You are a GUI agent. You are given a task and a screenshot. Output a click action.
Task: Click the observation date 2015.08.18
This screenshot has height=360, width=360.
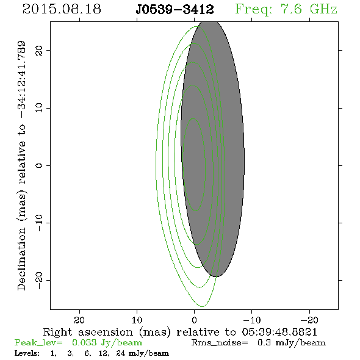click(x=62, y=9)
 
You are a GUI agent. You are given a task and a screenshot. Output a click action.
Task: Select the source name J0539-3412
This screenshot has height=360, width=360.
click(x=175, y=10)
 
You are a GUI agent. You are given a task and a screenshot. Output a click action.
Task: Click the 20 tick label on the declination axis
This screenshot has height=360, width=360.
click(x=39, y=51)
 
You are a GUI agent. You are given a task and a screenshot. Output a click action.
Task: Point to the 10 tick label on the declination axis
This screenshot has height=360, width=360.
click(x=39, y=107)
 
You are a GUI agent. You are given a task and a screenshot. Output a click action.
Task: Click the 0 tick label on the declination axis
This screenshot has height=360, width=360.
click(x=39, y=165)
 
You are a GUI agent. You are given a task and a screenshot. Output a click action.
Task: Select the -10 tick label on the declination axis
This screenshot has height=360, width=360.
click(x=39, y=223)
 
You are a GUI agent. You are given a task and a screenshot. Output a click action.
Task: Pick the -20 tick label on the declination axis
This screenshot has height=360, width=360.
click(x=39, y=280)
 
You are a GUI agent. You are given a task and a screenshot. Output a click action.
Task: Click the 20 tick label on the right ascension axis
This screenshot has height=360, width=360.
click(x=79, y=320)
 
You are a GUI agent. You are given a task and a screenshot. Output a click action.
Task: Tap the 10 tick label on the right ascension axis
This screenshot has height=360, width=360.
click(x=137, y=320)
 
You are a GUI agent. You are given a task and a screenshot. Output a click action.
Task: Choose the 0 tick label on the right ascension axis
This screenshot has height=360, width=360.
click(x=194, y=320)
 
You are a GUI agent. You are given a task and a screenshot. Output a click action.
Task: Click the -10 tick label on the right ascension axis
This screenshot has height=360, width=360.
click(x=252, y=320)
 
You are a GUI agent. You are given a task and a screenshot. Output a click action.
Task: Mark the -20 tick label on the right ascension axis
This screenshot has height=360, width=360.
click(x=309, y=320)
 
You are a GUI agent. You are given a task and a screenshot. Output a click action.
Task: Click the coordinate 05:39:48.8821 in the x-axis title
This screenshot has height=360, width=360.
click(x=279, y=332)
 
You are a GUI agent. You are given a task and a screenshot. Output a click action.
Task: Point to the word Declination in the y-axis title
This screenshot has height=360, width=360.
click(x=21, y=259)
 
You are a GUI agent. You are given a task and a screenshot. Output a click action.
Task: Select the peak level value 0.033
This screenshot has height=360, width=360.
click(x=84, y=342)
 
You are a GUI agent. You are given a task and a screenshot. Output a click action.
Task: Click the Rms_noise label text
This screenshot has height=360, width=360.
click(x=220, y=343)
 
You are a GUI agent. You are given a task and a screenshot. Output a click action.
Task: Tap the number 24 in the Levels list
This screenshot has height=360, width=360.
click(x=121, y=353)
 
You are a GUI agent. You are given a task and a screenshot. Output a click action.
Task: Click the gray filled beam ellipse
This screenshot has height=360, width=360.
click(x=212, y=149)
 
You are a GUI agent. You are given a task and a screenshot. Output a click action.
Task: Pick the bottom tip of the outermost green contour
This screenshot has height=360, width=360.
click(x=202, y=306)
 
